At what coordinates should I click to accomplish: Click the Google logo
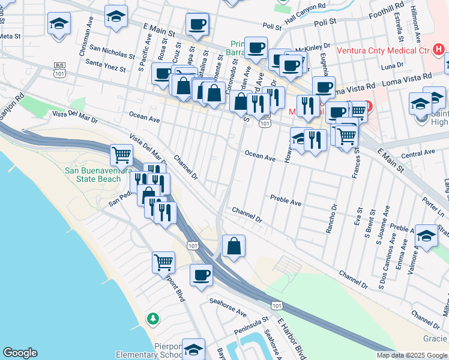(20, 353)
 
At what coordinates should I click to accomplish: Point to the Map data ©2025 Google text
(412, 355)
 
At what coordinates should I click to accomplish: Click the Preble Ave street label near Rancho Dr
(286, 199)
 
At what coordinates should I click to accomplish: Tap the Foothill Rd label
(387, 10)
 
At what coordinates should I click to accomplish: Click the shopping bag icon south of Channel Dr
(234, 245)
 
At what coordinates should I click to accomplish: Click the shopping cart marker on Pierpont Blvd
(164, 262)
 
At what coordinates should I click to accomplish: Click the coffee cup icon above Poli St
(196, 24)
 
